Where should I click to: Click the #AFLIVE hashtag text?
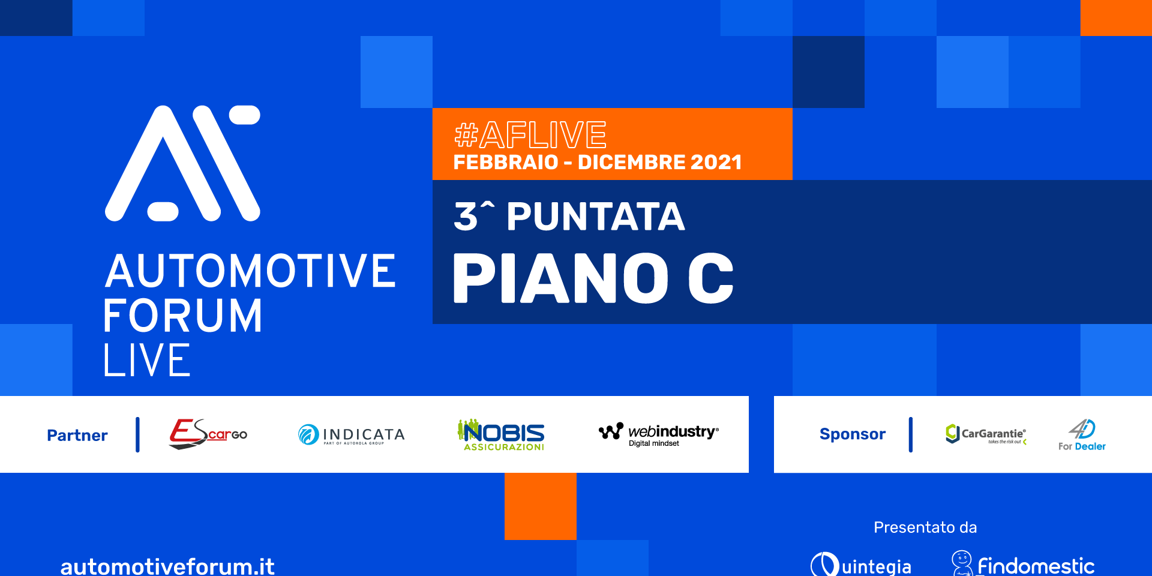point(530,134)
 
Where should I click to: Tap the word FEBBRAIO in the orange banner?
point(506,162)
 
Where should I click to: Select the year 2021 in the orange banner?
point(716,162)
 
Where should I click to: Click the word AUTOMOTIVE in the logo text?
point(250,271)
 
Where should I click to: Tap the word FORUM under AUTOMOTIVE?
point(183,316)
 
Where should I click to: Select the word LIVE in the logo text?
point(147,360)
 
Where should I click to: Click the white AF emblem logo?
point(182,163)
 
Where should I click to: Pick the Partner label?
point(77,435)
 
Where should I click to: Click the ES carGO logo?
point(208,434)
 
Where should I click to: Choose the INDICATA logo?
point(352,434)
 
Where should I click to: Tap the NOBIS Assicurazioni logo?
point(501,434)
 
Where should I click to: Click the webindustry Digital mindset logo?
point(659,434)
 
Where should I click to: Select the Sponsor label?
point(853,434)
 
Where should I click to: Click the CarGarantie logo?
point(986,434)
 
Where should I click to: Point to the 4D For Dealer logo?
point(1082,435)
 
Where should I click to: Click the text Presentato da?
point(925,527)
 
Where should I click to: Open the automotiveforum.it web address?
point(167,566)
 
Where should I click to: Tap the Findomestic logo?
point(1023,564)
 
